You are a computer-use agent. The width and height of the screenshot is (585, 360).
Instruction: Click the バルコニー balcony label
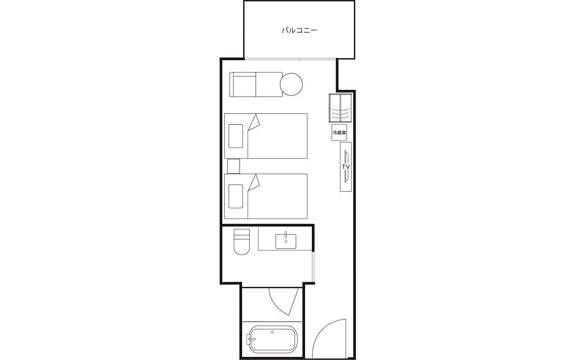pos(299,30)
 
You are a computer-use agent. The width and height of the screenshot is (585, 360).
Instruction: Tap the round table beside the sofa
pos(291,85)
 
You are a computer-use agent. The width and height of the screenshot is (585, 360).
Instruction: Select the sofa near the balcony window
pos(256,85)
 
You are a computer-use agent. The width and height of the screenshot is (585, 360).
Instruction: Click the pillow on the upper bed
pos(236,136)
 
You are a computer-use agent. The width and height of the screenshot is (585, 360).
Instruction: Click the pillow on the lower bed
pos(236,197)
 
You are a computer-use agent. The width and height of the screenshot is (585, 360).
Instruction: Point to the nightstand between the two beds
pos(234,166)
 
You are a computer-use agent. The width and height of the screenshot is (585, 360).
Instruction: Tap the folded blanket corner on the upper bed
pos(254,122)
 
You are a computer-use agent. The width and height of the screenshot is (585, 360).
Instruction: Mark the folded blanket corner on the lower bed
pos(254,183)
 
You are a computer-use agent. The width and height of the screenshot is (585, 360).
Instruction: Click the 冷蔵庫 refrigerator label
pos(339,133)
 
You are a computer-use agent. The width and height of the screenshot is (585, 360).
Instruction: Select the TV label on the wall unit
pos(346,166)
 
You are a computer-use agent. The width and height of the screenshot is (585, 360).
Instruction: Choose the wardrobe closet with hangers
pos(340,108)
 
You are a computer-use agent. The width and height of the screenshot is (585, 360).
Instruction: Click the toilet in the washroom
pos(242,242)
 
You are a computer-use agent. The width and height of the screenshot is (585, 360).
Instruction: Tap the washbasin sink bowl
pos(286,241)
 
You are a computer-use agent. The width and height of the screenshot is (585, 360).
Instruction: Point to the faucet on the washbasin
pos(286,234)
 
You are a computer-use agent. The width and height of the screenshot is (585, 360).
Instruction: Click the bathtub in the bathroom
pos(272,339)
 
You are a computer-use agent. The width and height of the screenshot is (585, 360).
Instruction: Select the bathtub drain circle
pos(272,332)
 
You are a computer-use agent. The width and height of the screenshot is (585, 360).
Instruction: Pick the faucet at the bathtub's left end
pos(251,339)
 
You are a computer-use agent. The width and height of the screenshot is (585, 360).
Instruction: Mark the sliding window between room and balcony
pos(290,59)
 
